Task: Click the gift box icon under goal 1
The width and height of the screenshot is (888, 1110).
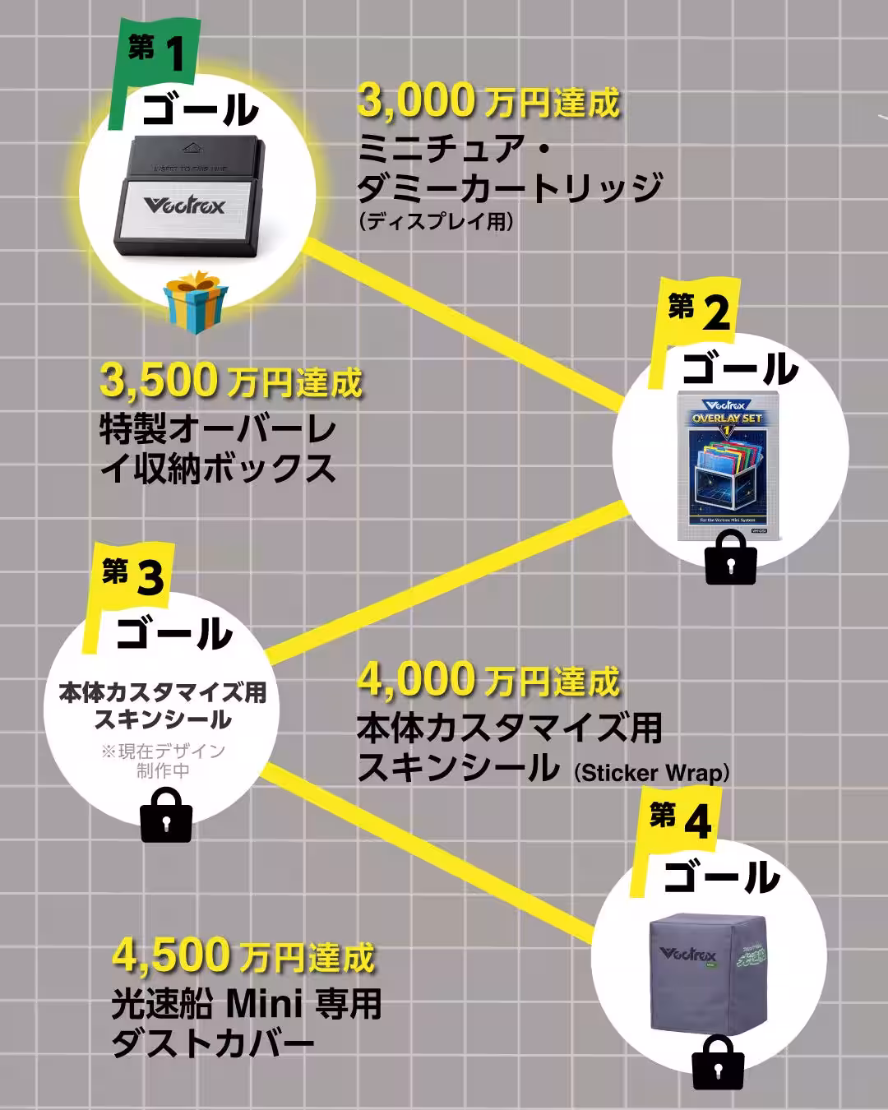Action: [x=196, y=303]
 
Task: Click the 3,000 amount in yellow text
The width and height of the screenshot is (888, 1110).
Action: [x=416, y=101]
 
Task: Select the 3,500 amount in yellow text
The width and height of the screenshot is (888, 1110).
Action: [x=159, y=381]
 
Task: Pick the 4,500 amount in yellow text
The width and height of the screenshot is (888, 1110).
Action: [x=171, y=955]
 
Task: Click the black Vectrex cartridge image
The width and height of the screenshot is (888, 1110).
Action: [x=189, y=197]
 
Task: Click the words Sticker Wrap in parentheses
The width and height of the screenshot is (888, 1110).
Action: [x=652, y=773]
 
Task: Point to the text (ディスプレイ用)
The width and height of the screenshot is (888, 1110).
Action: [x=436, y=221]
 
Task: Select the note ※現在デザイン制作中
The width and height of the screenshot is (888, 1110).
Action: [x=163, y=761]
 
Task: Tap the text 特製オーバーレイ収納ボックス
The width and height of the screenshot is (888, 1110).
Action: [x=218, y=449]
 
